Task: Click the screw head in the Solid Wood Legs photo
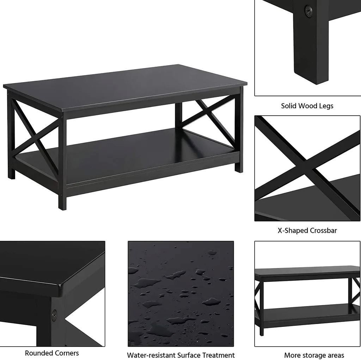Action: click(308, 11)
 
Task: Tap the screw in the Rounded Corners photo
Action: click(54, 315)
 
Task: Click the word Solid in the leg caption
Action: click(289, 106)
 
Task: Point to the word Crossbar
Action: click(323, 231)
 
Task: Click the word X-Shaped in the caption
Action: click(293, 231)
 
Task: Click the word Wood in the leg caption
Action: click(307, 106)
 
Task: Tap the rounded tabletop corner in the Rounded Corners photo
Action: click(62, 285)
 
